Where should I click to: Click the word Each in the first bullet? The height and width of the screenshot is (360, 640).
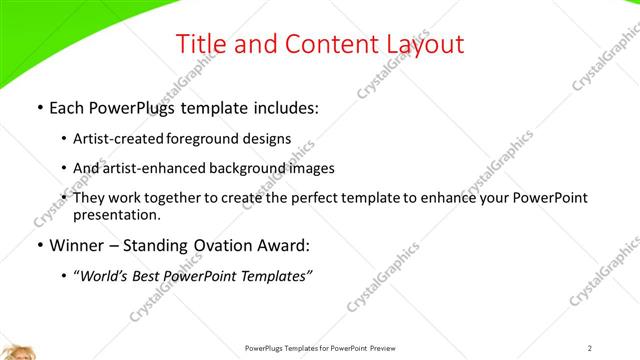66,107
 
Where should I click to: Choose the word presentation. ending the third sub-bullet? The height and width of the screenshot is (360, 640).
116,215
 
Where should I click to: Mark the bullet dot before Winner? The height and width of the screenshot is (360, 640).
38,247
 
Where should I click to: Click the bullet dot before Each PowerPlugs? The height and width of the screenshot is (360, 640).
38,107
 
